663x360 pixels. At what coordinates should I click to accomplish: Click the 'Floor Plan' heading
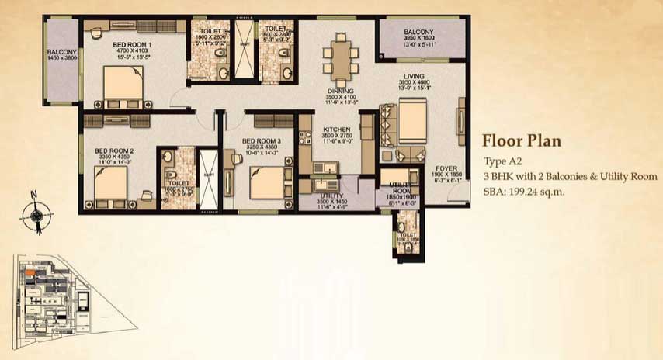point(521,141)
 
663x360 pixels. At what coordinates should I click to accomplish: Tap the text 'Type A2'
point(502,161)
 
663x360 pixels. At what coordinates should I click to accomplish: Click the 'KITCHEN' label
point(337,130)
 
